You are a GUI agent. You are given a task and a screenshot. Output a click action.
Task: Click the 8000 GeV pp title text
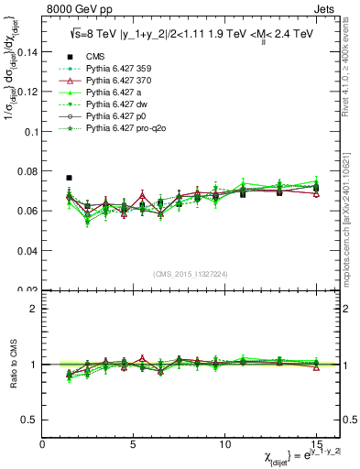tap(76, 9)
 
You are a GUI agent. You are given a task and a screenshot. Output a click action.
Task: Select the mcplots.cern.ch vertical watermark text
tap(349, 220)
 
